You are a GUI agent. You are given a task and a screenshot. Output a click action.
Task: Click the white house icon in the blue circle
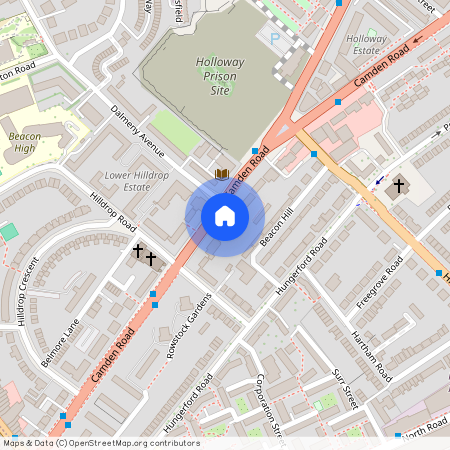[x=225, y=215]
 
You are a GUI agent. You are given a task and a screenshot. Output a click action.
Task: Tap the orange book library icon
[x=223, y=174]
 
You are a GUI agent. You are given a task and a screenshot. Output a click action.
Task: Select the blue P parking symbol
[x=275, y=38]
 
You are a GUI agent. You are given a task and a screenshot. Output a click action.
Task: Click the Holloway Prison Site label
[x=212, y=76]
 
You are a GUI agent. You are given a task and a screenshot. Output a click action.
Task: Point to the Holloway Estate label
[x=366, y=44]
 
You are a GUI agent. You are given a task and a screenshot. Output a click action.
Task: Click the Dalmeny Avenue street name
[x=137, y=131]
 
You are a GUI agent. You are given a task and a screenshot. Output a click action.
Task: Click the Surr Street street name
[x=344, y=389]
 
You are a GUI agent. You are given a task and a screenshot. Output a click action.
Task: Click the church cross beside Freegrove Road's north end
[x=399, y=186]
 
